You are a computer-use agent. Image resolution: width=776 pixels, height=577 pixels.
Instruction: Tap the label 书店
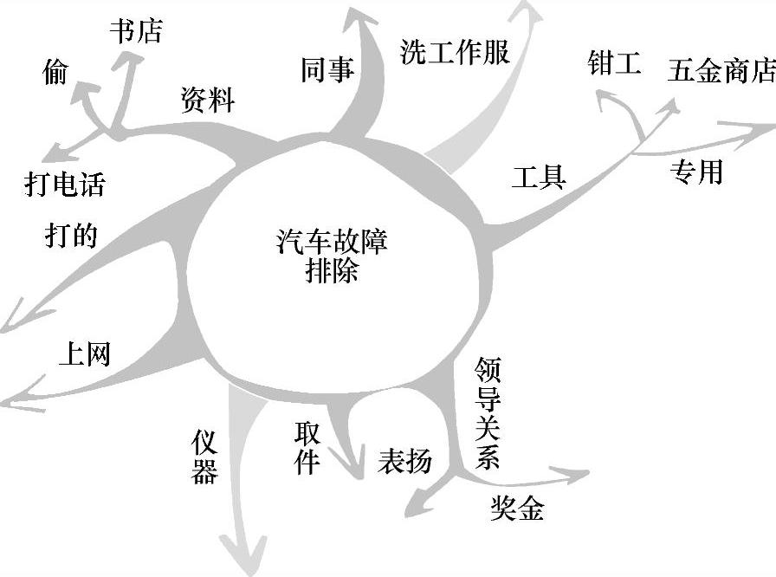point(135,31)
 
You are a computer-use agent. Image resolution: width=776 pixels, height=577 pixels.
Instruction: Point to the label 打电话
point(64,184)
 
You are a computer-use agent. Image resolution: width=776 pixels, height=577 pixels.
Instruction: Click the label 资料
point(207,100)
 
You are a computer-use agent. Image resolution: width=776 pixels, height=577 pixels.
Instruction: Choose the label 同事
point(327,71)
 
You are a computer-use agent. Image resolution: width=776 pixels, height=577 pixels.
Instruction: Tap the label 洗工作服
point(455,52)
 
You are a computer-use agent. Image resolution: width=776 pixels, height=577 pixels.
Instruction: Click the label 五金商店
point(721,72)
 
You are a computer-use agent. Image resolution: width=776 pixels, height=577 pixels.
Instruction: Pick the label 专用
point(695,172)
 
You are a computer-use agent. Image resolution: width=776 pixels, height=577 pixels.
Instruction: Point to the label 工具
point(538,177)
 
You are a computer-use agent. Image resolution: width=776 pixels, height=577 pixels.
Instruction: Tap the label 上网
point(84,353)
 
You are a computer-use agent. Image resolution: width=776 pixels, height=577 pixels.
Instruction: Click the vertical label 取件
point(307,450)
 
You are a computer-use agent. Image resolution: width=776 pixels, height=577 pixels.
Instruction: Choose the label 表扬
point(404,461)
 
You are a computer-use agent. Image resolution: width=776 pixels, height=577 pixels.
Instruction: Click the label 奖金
point(517,509)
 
